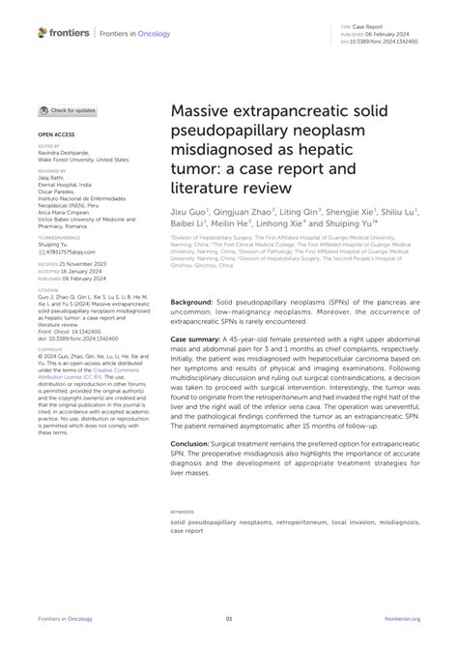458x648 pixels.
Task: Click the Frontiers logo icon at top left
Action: pyautogui.click(x=42, y=32)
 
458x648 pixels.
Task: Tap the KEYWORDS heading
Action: pyautogui.click(x=183, y=511)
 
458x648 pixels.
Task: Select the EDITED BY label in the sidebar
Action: pyautogui.click(x=50, y=147)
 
